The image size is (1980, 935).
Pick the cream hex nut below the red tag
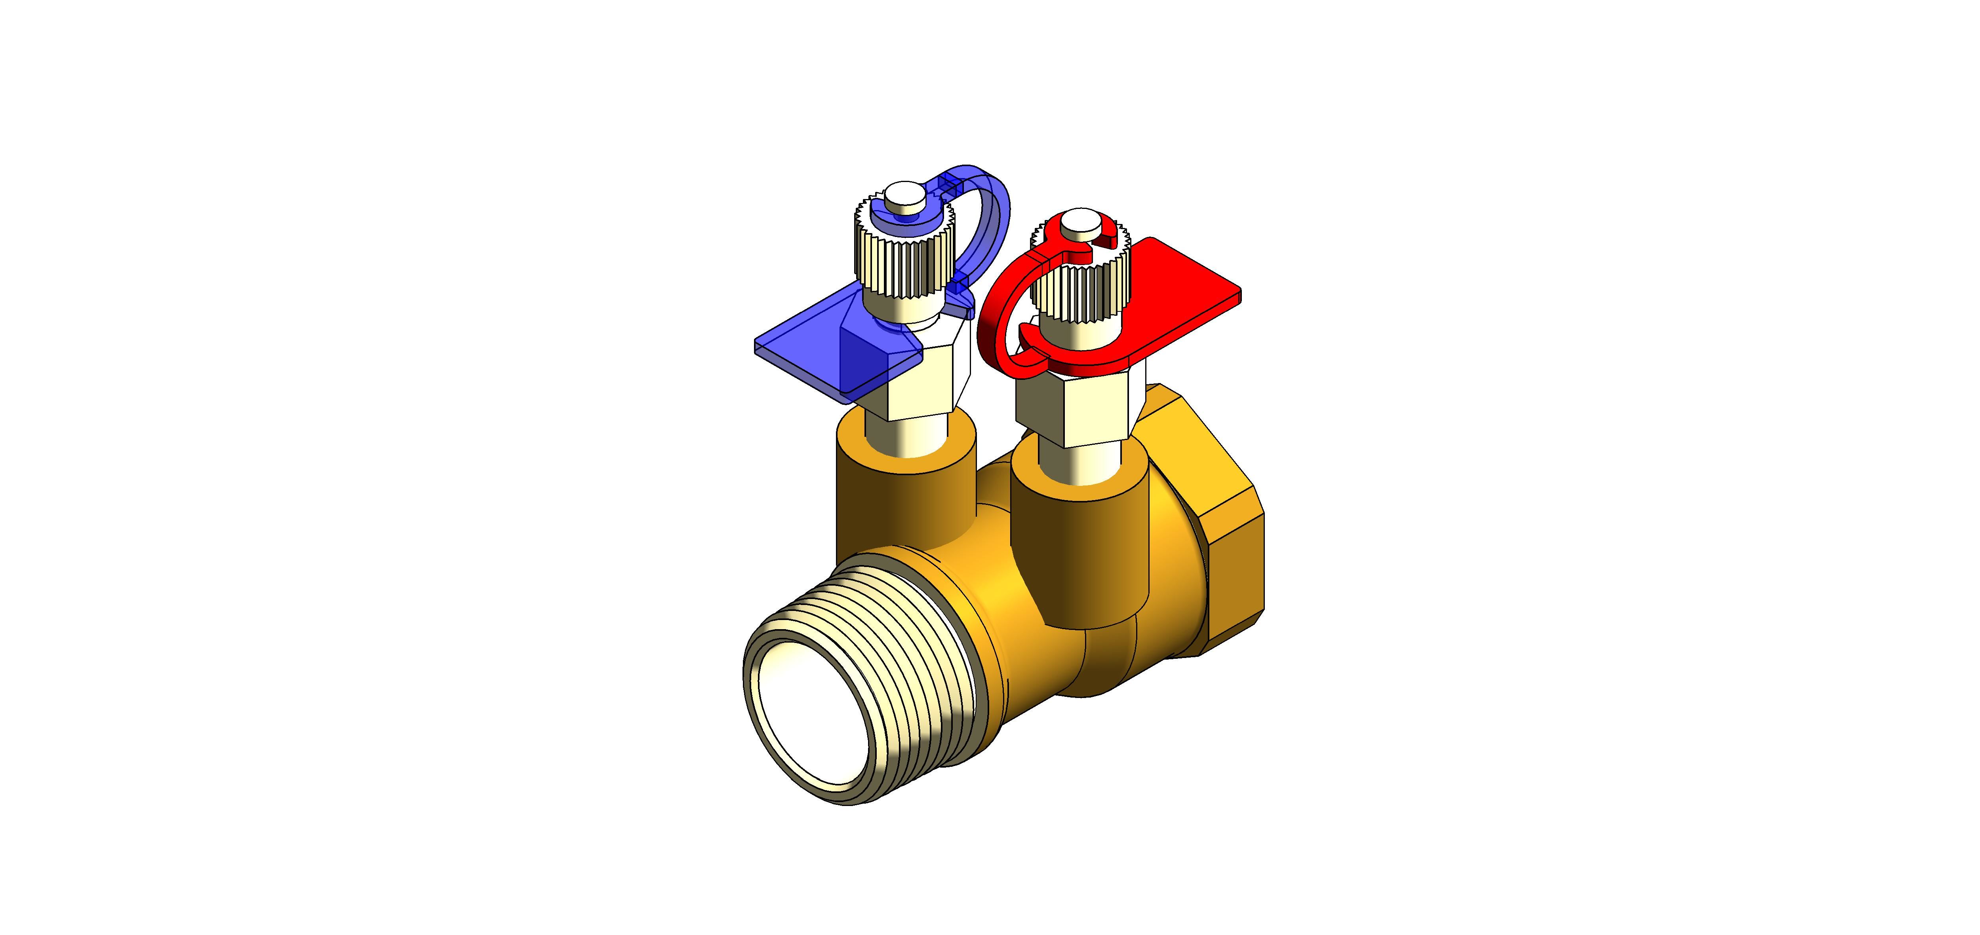1076,407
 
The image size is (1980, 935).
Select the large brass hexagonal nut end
1222,538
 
